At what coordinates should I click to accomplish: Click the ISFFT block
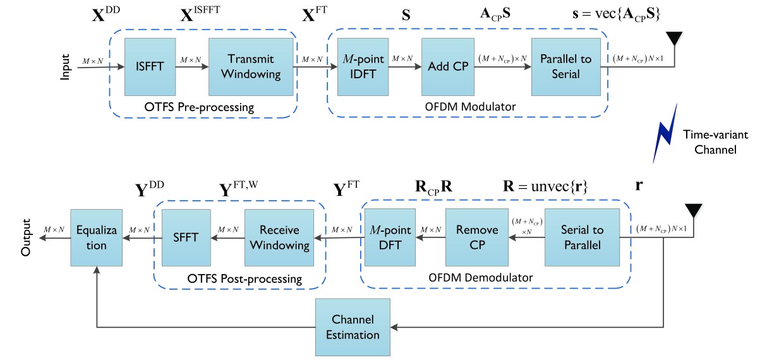pyautogui.click(x=150, y=67)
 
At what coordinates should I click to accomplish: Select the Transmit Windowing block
pyautogui.click(x=251, y=67)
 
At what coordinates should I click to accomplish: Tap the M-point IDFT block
pyautogui.click(x=363, y=67)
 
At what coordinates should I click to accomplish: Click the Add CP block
pyautogui.click(x=448, y=67)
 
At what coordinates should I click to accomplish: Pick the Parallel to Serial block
pyautogui.click(x=566, y=67)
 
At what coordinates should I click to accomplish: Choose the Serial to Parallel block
pyautogui.click(x=582, y=237)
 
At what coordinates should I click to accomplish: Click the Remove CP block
pyautogui.click(x=477, y=237)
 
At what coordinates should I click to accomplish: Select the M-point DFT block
pyautogui.click(x=390, y=237)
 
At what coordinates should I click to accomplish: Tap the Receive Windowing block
pyautogui.click(x=279, y=237)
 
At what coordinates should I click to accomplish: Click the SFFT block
pyautogui.click(x=186, y=237)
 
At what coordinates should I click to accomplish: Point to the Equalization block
pyautogui.click(x=96, y=237)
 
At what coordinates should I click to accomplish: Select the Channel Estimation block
pyautogui.click(x=353, y=327)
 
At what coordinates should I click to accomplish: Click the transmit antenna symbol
pyautogui.click(x=674, y=39)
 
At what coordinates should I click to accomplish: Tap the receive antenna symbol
pyautogui.click(x=693, y=211)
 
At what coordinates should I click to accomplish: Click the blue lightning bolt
pyautogui.click(x=665, y=133)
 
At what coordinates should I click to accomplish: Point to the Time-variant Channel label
pyautogui.click(x=715, y=142)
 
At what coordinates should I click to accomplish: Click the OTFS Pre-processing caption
pyautogui.click(x=199, y=107)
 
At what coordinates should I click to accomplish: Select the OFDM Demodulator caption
pyautogui.click(x=480, y=277)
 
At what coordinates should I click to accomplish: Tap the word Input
pyautogui.click(x=65, y=67)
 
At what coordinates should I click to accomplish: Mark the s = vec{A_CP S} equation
pyautogui.click(x=616, y=15)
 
